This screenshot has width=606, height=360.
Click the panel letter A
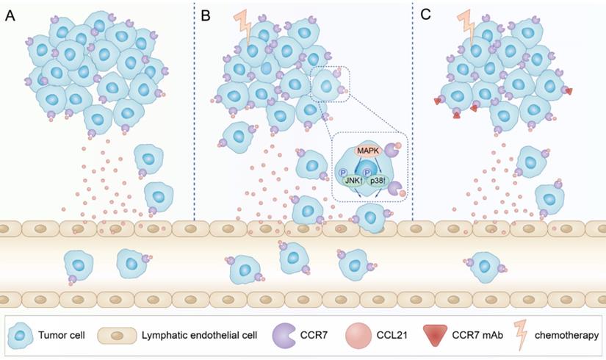tap(10, 15)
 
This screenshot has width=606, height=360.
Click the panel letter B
tap(206, 15)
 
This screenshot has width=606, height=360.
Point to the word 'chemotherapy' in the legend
tap(569, 336)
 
